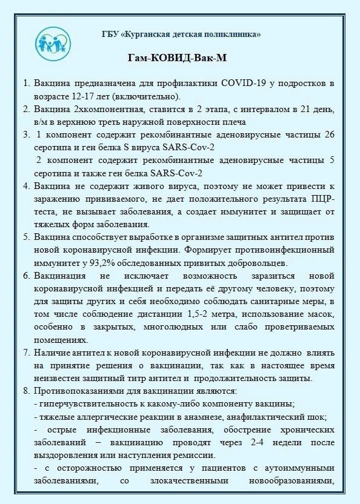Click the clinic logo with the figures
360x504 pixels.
(x=54, y=40)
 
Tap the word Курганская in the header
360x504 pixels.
(x=151, y=35)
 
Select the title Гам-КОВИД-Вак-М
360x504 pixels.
(x=180, y=58)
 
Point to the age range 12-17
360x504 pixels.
(x=92, y=96)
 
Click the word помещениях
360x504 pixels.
(x=60, y=339)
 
